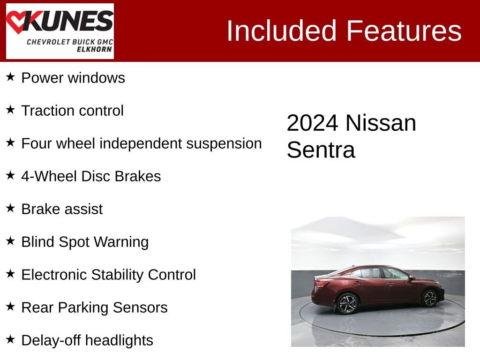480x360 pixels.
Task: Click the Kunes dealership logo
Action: coord(60,31)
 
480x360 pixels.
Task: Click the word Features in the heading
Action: coord(404,31)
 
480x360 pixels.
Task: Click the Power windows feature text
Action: coord(73,78)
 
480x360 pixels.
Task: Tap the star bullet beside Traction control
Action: coord(10,110)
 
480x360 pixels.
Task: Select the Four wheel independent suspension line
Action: coord(141,143)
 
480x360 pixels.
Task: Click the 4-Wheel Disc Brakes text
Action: coord(91,176)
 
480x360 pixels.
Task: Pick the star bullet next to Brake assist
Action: coord(10,209)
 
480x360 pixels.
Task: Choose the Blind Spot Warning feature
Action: coord(85,242)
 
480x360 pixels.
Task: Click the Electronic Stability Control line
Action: coord(108,275)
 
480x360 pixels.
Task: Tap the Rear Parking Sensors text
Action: coord(94,307)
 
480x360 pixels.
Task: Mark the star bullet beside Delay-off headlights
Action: coord(10,340)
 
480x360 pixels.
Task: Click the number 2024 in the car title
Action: coord(312,123)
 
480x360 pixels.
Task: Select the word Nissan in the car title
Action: coord(381,123)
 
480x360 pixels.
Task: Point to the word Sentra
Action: coord(321,150)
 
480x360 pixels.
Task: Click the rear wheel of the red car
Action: coord(347,303)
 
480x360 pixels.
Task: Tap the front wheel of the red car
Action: coord(430,298)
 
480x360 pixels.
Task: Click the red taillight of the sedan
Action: coord(322,283)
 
